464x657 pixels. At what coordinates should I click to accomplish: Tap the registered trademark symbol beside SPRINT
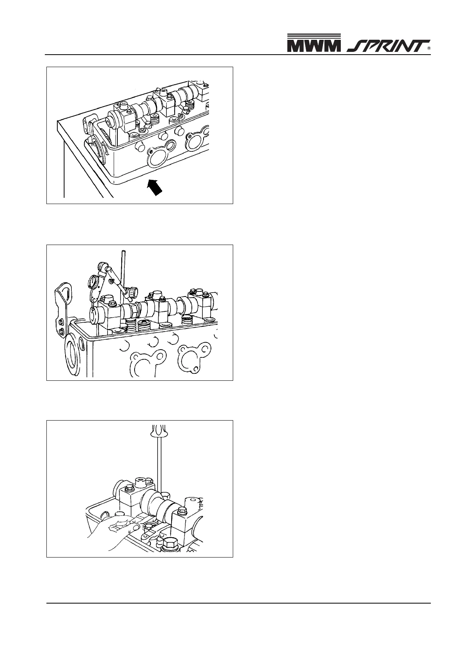point(429,49)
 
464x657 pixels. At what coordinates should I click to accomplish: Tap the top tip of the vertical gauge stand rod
point(122,252)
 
